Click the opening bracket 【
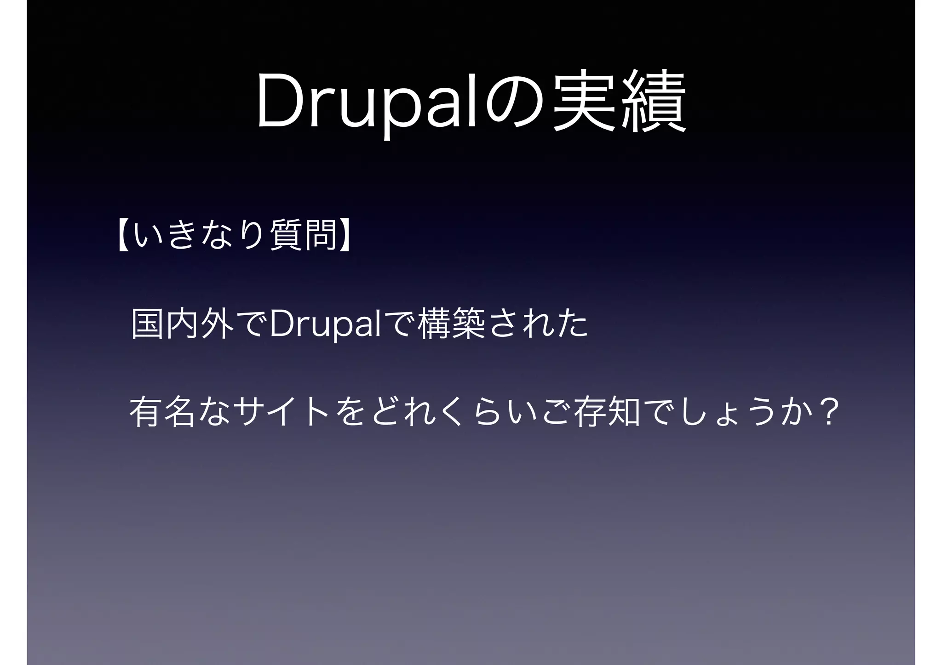(123, 235)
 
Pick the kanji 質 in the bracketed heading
(286, 235)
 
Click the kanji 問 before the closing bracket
(320, 235)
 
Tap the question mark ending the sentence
(827, 413)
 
